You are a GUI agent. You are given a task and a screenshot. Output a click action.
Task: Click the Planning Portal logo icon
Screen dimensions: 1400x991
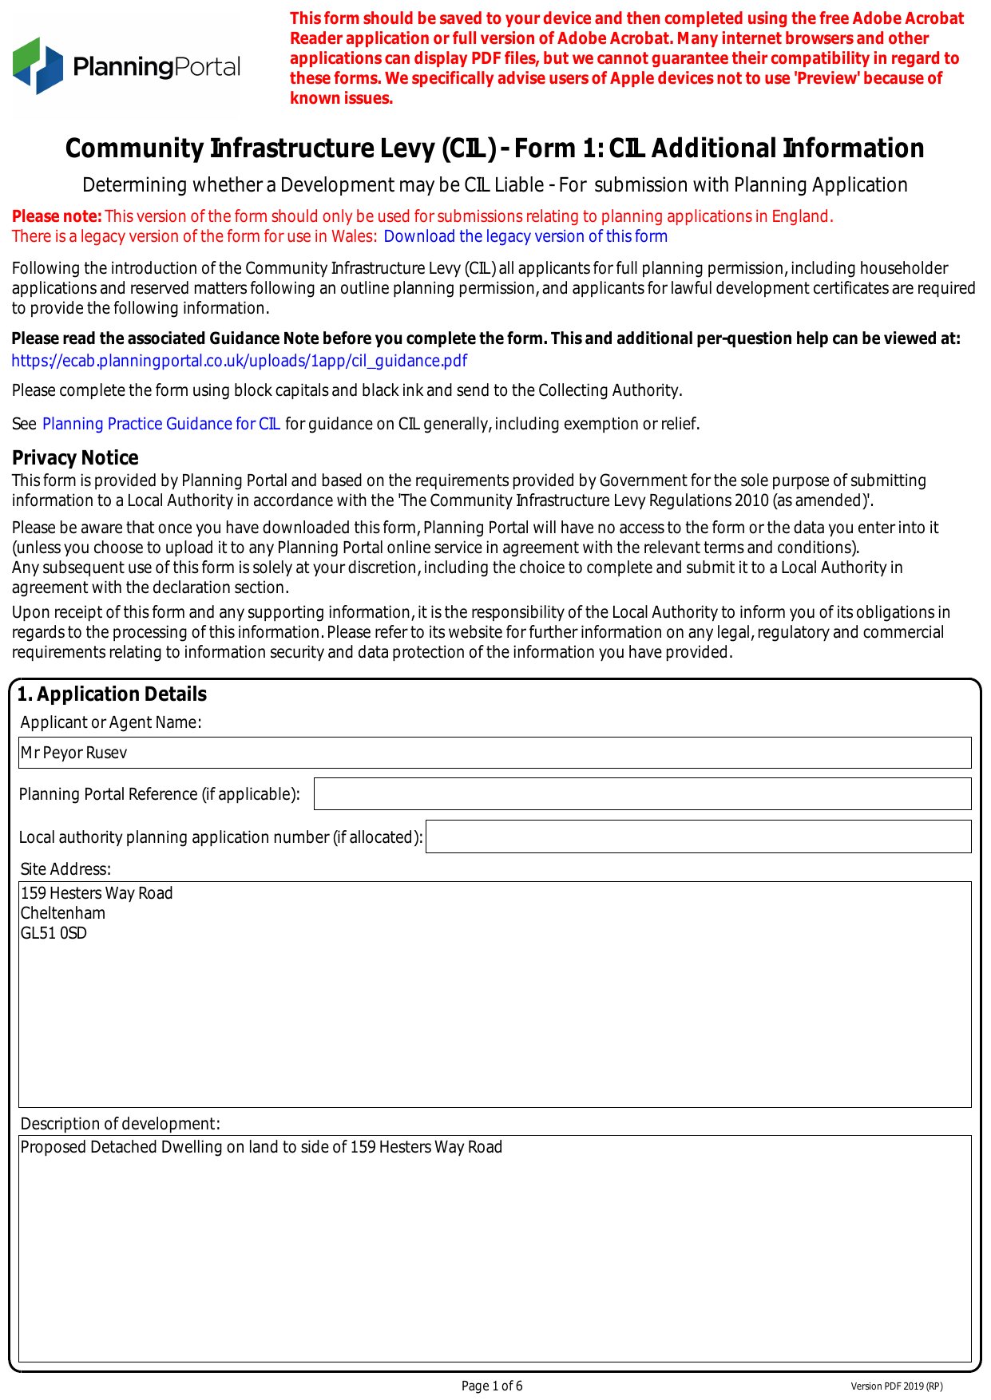38,65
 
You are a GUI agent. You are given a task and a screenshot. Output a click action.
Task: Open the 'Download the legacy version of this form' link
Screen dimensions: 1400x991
525,236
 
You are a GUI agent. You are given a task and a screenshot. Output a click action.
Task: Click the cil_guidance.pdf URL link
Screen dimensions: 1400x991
240,361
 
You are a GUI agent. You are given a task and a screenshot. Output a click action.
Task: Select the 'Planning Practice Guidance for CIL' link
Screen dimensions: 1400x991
161,424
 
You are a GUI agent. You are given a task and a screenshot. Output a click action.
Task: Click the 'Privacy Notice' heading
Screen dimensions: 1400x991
75,457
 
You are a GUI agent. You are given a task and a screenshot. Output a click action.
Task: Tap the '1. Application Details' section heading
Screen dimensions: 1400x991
112,694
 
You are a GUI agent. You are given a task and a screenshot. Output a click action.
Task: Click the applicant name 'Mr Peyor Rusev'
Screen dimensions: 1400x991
73,753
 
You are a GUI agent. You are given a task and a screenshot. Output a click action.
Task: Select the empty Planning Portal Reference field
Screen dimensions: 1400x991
642,794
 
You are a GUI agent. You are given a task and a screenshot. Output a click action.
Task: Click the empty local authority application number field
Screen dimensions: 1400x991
698,836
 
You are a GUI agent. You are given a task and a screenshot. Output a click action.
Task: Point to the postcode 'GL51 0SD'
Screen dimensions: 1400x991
54,933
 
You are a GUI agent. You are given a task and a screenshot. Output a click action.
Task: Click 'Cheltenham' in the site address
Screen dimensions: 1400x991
63,913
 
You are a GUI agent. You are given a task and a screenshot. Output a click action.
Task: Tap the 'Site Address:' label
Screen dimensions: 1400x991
65,869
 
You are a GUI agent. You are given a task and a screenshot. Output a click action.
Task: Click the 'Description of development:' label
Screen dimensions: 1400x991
120,1124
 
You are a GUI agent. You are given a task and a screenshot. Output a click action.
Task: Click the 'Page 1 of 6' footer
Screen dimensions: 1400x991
492,1386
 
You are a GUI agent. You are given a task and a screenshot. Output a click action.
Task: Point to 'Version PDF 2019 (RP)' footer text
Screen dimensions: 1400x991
896,1386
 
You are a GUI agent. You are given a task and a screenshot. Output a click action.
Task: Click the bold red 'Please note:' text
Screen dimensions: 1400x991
57,216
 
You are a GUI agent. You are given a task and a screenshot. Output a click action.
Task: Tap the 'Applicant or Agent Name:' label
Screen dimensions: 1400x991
111,722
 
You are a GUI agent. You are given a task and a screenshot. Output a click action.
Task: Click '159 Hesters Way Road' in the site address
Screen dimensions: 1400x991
97,893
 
